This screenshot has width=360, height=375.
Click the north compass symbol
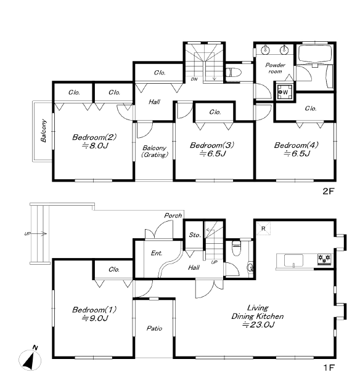pos(30,359)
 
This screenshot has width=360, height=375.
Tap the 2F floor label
pos(328,191)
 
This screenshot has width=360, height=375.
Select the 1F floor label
pos(329,367)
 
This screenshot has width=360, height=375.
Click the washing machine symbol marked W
pos(285,92)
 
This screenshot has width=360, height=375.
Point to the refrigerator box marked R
pos(263,228)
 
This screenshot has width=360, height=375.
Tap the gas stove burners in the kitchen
pos(324,259)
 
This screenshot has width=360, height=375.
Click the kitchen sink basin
pos(293,260)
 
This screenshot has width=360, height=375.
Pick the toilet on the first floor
pos(236,246)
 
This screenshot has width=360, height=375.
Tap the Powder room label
pos(276,68)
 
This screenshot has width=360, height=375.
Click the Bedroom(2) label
pos(94,137)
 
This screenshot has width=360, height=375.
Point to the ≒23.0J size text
pos(258,325)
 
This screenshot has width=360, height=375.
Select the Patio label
pos(154,328)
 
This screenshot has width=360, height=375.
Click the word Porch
pos(173,216)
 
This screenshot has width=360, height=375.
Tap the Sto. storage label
pos(195,235)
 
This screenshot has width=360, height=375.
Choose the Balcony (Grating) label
pos(155,151)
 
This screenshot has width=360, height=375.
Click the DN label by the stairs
pos(194,79)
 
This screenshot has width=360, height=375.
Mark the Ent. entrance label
pos(157,253)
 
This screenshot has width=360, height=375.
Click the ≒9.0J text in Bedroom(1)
pos(95,318)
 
